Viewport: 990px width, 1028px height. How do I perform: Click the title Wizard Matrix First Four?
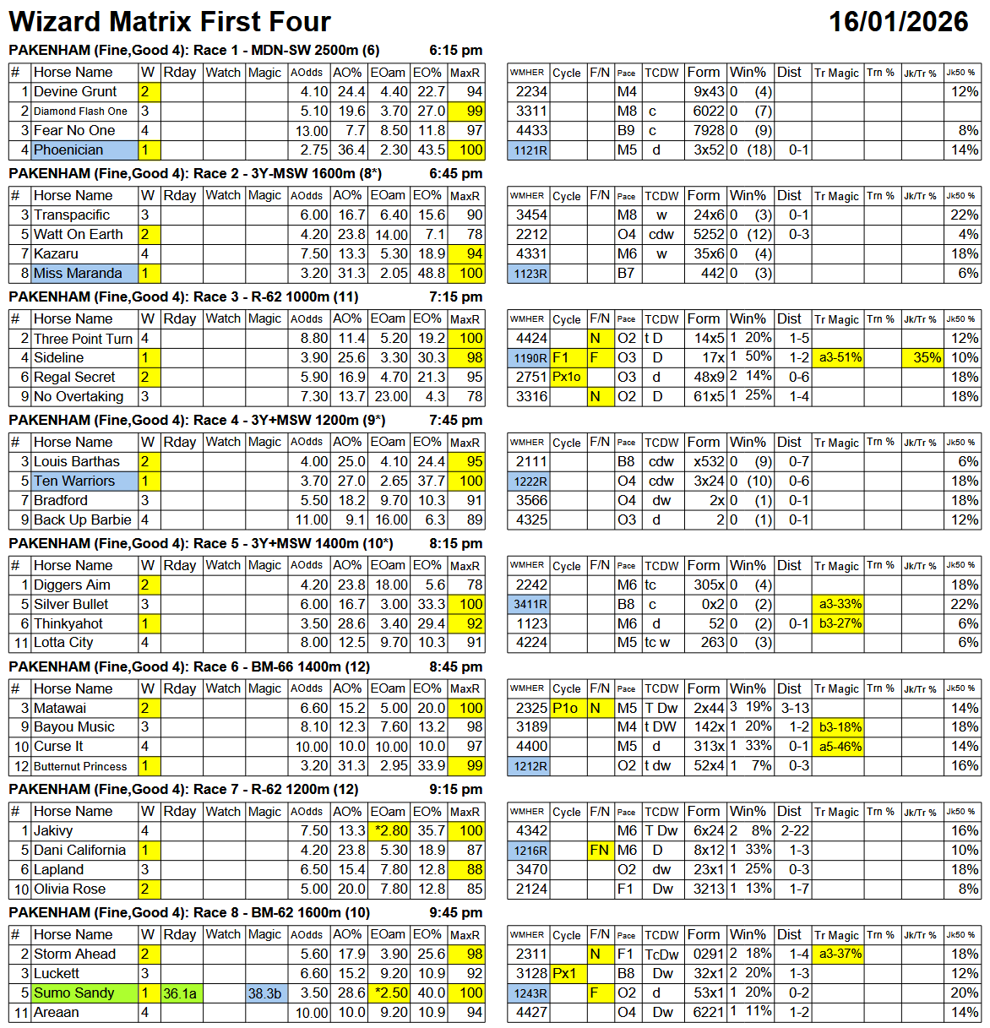(170, 21)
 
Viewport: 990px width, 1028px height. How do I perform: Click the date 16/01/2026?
(898, 21)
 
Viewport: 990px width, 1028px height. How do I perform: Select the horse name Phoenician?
(68, 150)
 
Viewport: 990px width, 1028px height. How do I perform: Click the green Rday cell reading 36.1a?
(180, 993)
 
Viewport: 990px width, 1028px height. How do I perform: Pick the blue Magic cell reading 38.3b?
(265, 993)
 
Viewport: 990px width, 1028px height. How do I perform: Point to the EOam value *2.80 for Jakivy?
(389, 831)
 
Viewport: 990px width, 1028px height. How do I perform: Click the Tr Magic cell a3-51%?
(840, 358)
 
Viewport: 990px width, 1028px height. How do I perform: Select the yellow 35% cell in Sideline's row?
(927, 358)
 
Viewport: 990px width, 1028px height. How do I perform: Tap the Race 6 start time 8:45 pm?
(455, 666)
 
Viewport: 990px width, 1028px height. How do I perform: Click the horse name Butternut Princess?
(80, 766)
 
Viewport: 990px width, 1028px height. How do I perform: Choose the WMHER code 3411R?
(530, 605)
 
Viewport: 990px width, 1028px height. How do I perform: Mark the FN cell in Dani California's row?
(600, 851)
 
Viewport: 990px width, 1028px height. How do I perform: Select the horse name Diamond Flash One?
(80, 112)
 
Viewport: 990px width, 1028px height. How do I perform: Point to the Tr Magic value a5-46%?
(840, 747)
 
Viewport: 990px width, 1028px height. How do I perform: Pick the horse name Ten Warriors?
(74, 481)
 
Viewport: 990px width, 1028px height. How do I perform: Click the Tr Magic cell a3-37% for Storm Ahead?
(840, 955)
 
